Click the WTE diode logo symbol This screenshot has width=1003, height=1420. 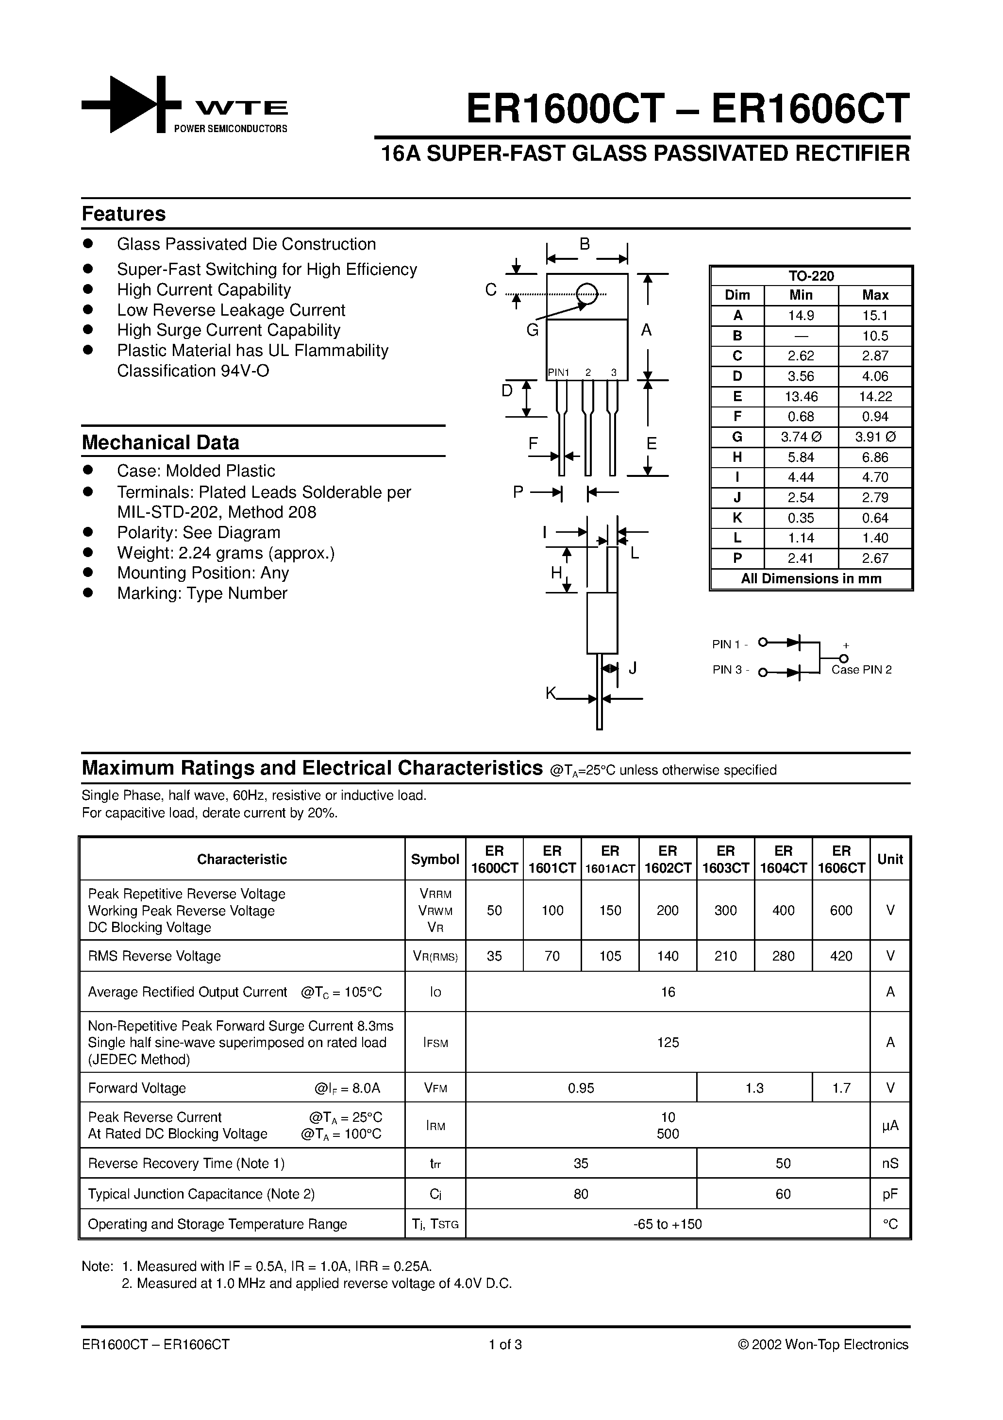[x=131, y=105]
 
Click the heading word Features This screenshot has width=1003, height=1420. [x=124, y=214]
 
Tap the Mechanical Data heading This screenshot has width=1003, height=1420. [x=160, y=443]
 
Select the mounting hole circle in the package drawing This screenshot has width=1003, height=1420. [x=587, y=294]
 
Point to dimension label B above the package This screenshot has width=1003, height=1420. [x=585, y=244]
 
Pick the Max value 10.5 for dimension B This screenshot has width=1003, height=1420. [x=875, y=336]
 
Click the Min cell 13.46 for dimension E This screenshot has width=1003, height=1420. [x=801, y=396]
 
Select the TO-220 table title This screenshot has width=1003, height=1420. [x=811, y=276]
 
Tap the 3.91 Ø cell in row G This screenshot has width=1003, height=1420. [x=875, y=437]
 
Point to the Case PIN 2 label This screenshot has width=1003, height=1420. [x=861, y=670]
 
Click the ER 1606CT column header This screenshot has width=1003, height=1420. [x=841, y=859]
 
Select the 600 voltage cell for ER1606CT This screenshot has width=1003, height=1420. [x=841, y=911]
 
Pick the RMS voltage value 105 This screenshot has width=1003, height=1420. [x=610, y=956]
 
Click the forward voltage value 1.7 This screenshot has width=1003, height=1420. [x=841, y=1088]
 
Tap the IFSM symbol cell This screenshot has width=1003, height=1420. [x=435, y=1043]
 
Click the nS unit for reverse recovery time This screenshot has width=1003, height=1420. [x=890, y=1163]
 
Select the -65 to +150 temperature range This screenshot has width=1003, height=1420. [x=668, y=1224]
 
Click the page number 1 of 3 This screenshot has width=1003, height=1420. [x=505, y=1345]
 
